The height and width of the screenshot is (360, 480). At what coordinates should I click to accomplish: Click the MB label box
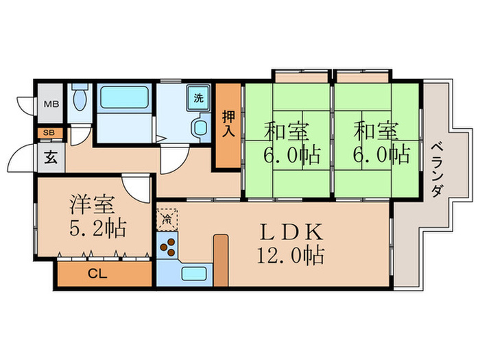pyautogui.click(x=51, y=104)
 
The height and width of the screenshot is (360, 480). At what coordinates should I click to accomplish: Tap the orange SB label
pyautogui.click(x=50, y=133)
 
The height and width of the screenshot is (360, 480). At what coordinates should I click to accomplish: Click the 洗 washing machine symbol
pyautogui.click(x=198, y=97)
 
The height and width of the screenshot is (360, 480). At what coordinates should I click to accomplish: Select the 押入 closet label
pyautogui.click(x=229, y=126)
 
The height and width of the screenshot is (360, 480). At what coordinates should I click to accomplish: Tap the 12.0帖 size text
pyautogui.click(x=291, y=256)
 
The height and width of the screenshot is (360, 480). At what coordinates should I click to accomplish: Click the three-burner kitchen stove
pyautogui.click(x=167, y=248)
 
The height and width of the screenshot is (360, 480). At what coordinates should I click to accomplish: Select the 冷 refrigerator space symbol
pyautogui.click(x=167, y=220)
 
